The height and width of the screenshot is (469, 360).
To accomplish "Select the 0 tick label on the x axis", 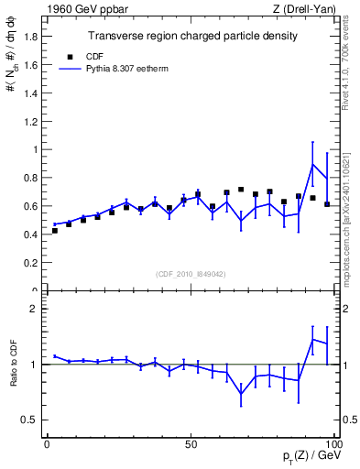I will tap(47, 444).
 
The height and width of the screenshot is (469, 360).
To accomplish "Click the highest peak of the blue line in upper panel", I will tap(313, 164).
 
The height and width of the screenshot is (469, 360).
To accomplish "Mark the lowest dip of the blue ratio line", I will tap(241, 394).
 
